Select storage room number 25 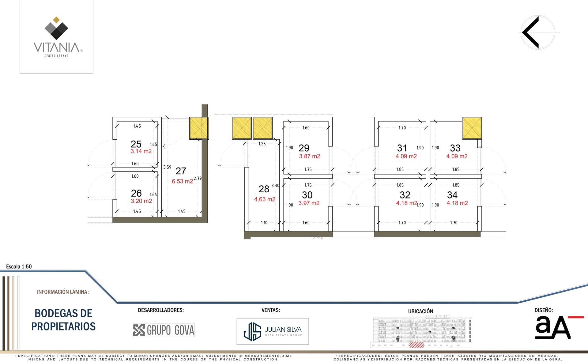tap(136, 144)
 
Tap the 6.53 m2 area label tap(182, 181)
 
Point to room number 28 tap(264, 189)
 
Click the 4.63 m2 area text tap(265, 199)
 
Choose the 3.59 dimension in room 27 tap(167, 167)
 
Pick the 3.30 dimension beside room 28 tap(275, 186)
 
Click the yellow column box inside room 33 tap(472, 128)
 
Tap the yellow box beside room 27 tap(199, 128)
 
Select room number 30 tap(307, 195)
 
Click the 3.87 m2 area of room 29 tap(310, 156)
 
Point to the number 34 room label tap(452, 195)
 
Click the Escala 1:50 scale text tap(19, 266)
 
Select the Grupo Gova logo tap(164, 330)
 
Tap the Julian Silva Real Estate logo tap(273, 331)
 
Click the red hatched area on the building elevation tap(417, 345)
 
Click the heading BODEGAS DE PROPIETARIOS tap(63, 320)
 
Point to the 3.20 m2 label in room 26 tap(141, 201)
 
